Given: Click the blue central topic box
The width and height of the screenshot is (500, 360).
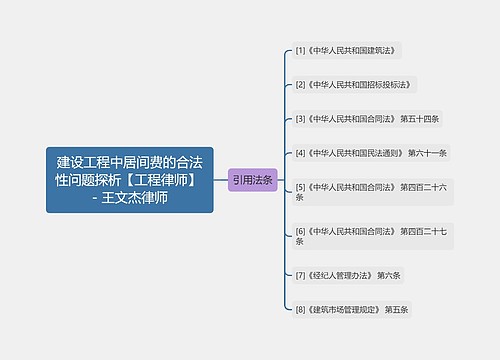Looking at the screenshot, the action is pyautogui.click(x=129, y=179).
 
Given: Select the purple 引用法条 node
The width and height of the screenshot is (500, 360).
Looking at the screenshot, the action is pyautogui.click(x=252, y=180).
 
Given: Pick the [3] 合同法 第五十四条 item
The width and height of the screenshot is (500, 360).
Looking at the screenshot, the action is pyautogui.click(x=367, y=118).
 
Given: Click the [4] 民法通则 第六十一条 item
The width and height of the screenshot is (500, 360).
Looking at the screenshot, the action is pyautogui.click(x=371, y=153).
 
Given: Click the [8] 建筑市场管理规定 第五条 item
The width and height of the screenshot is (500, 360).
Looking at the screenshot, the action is pyautogui.click(x=352, y=310).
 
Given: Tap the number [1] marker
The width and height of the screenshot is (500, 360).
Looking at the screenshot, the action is pyautogui.click(x=300, y=49).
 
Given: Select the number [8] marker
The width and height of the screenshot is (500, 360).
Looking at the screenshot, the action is pyautogui.click(x=300, y=310).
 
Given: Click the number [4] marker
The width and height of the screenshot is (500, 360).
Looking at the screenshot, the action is pyautogui.click(x=300, y=153).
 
